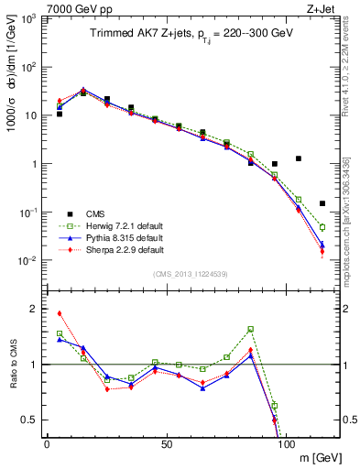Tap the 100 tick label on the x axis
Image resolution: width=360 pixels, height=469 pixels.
[x=285, y=442]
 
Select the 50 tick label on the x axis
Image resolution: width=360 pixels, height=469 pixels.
[x=166, y=442]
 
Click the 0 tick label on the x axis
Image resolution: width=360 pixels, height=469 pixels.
[x=47, y=442]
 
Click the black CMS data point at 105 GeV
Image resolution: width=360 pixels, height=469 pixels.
[x=299, y=158]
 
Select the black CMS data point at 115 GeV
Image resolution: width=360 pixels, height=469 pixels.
[x=322, y=203]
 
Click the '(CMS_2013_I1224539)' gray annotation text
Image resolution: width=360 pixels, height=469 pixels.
[x=190, y=273]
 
